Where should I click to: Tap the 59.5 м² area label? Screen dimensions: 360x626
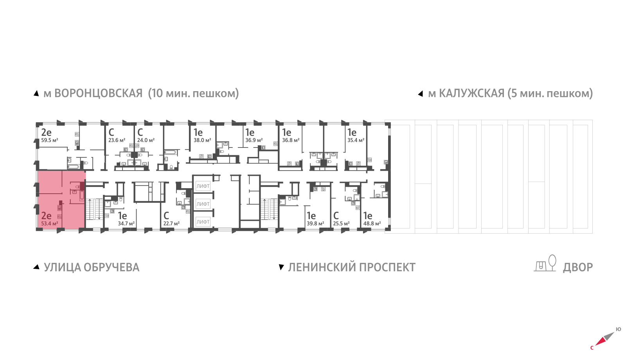(50, 140)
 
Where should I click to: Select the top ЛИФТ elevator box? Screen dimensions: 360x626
(203, 186)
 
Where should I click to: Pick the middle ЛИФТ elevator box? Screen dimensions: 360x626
(203, 204)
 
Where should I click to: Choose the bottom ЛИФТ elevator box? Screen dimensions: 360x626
(203, 222)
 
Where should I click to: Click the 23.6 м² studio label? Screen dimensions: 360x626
(117, 140)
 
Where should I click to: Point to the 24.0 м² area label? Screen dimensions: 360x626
(146, 140)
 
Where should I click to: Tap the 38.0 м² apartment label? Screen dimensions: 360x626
(202, 140)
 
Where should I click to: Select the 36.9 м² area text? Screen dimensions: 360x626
(254, 140)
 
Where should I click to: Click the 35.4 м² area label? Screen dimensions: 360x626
(356, 140)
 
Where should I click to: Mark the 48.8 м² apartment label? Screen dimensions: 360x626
(372, 224)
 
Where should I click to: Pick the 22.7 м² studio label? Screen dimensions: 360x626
(171, 224)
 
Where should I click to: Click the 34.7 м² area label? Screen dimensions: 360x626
(126, 224)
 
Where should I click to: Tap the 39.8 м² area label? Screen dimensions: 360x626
(315, 224)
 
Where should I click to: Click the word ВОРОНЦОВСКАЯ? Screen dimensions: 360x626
(98, 94)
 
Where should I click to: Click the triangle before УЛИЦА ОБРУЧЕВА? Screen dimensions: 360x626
(36, 267)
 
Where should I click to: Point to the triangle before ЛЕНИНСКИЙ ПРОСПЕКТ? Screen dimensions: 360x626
(281, 267)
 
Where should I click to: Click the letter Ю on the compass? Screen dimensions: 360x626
(618, 329)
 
